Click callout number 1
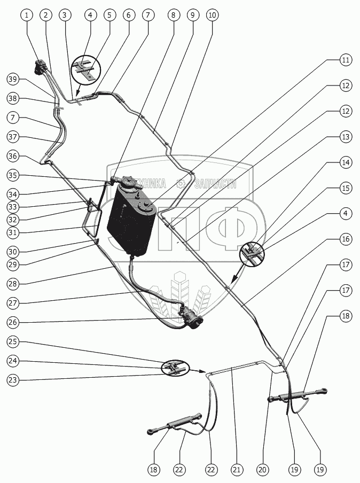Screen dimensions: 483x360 tap(26, 15)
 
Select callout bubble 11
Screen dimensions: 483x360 tap(346, 60)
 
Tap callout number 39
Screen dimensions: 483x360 tap(13, 80)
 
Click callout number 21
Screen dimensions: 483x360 tap(236, 470)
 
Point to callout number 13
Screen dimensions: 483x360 tap(346, 137)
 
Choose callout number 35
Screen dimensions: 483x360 tap(13, 175)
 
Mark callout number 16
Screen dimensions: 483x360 tap(346, 239)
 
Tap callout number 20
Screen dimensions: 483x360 tap(262, 470)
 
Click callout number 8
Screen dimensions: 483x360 tap(173, 15)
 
